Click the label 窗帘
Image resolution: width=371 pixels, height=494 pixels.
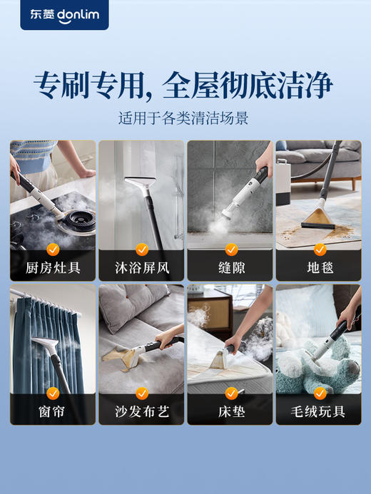pyautogui.click(x=53, y=413)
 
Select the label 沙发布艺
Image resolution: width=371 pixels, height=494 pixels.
pyautogui.click(x=141, y=413)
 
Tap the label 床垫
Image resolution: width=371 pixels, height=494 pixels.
pyautogui.click(x=230, y=413)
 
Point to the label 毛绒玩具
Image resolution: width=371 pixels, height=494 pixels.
pyautogui.click(x=318, y=413)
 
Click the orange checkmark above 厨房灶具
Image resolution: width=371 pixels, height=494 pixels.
pyautogui.click(x=53, y=249)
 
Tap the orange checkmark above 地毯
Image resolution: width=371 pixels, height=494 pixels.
pyautogui.click(x=319, y=249)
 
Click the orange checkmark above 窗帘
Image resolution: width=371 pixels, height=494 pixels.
pyautogui.click(x=53, y=393)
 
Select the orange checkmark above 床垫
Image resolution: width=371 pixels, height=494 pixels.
pyautogui.click(x=230, y=393)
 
